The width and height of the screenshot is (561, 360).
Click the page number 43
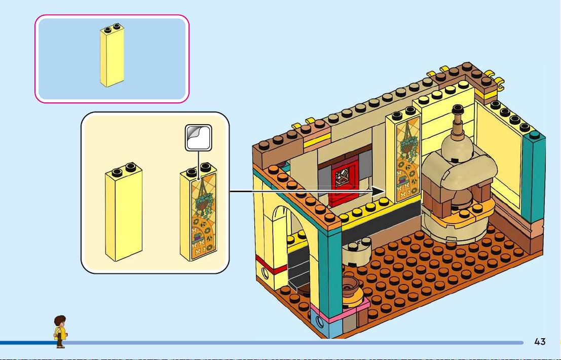click(x=540, y=342)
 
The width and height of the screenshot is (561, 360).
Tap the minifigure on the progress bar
click(x=60, y=332)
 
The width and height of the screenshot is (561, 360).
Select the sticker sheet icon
click(x=198, y=137)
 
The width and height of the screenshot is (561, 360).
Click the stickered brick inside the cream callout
click(x=199, y=212)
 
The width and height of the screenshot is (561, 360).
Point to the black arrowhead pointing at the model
click(x=378, y=191)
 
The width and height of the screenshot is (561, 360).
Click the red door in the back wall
click(x=344, y=183)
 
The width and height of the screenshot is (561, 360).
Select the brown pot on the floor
click(x=351, y=286)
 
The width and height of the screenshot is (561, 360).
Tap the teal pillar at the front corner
click(x=330, y=268)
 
